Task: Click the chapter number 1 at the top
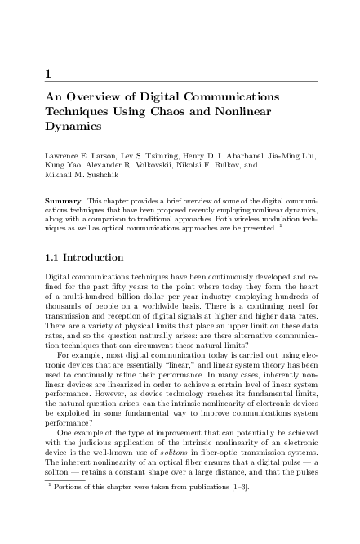click(49, 75)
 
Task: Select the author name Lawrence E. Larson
click(80, 154)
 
